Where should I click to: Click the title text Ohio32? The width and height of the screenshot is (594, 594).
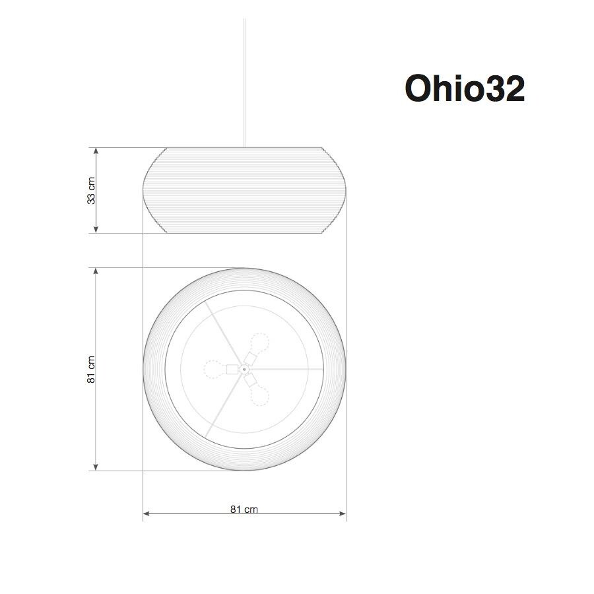click(x=465, y=88)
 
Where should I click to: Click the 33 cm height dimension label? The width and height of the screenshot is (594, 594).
click(x=92, y=190)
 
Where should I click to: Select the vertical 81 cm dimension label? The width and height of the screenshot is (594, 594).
click(x=92, y=370)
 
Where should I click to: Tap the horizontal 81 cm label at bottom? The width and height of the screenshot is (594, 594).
click(x=244, y=509)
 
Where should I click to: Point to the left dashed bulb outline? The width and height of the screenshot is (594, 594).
click(x=213, y=370)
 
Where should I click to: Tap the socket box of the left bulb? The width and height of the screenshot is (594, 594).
click(x=232, y=370)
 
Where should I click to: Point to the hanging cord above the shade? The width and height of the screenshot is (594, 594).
click(x=244, y=79)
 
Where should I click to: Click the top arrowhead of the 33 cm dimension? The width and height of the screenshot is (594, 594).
click(x=96, y=151)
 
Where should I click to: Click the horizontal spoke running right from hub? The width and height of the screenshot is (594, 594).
click(x=284, y=369)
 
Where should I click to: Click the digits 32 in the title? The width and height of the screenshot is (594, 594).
click(x=506, y=88)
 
